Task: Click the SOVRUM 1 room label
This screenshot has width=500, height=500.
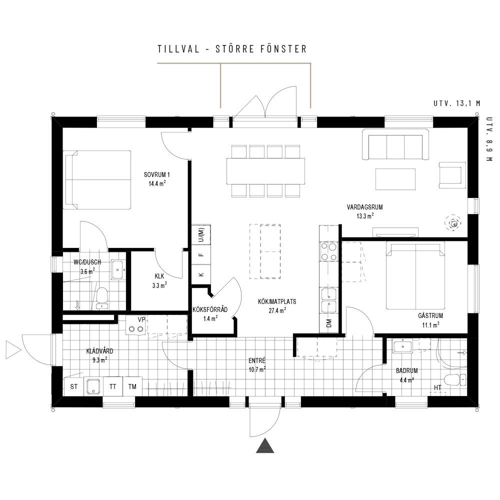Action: point(156,174)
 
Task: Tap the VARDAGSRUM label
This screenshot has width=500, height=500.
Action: point(365,207)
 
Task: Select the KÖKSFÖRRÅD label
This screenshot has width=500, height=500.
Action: point(210,309)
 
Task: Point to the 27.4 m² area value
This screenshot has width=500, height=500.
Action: point(277,310)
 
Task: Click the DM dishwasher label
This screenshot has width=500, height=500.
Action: point(329,323)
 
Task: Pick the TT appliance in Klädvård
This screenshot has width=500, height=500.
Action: point(113,386)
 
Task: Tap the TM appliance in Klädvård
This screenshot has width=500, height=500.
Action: point(132,386)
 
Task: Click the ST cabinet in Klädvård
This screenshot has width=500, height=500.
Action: point(74,386)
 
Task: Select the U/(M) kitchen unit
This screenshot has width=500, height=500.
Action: point(201,235)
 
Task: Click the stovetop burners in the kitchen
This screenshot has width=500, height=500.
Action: point(329,251)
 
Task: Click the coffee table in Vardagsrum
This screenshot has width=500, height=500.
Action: point(395,179)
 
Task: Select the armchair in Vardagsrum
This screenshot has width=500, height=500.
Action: point(452,175)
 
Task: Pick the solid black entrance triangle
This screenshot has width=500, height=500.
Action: point(265,446)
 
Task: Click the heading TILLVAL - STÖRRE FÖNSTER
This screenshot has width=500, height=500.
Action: point(232,49)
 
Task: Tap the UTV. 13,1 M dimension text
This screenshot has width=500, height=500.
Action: point(456,103)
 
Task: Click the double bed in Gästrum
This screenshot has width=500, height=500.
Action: point(415,275)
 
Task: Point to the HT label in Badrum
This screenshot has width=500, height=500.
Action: point(437,387)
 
